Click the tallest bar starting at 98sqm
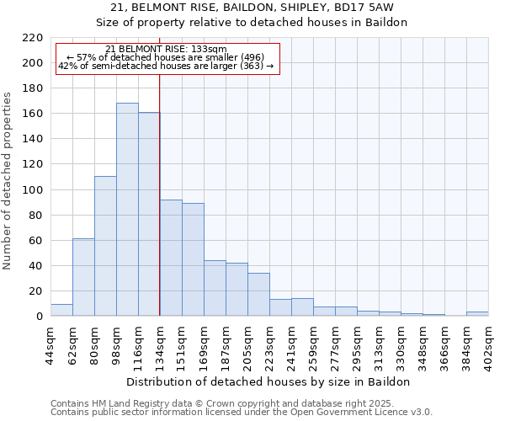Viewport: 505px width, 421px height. click(x=127, y=210)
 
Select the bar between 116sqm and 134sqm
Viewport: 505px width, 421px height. click(x=149, y=214)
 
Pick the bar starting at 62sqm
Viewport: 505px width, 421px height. click(x=83, y=277)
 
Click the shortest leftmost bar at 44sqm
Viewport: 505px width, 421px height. click(x=61, y=310)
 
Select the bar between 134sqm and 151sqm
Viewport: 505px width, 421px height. click(x=171, y=258)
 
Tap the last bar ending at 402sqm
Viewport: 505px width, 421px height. click(x=477, y=314)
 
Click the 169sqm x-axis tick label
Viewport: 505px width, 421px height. click(x=205, y=344)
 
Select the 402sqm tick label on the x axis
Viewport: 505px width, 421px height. click(x=489, y=344)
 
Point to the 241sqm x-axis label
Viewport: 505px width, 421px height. click(x=292, y=344)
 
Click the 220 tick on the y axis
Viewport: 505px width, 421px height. click(x=33, y=38)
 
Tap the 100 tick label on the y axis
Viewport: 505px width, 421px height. click(x=33, y=190)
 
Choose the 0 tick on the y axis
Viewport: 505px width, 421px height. click(x=40, y=317)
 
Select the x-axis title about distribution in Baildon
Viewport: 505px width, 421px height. click(x=269, y=381)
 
